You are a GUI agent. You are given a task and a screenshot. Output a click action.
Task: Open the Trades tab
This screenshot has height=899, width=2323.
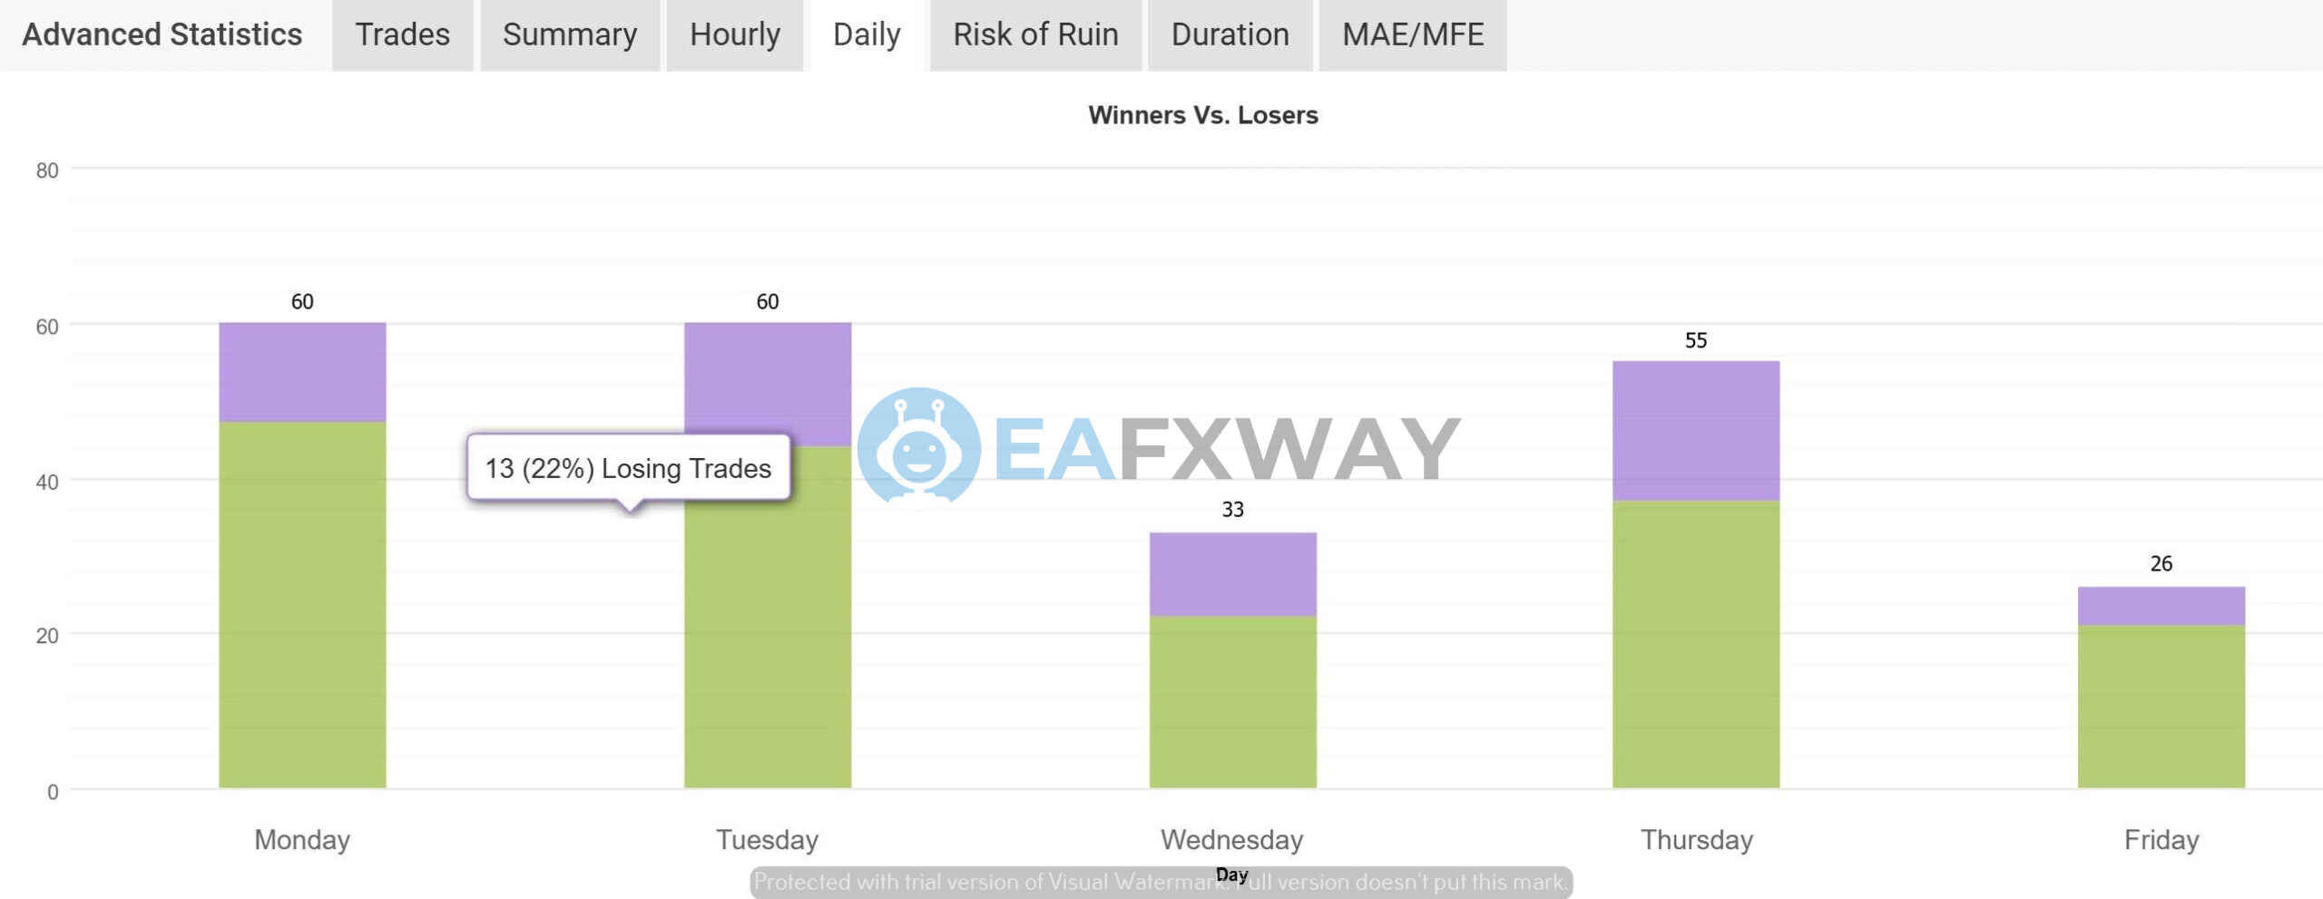pos(402,34)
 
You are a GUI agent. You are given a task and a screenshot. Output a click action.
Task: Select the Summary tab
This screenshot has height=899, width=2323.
pos(570,34)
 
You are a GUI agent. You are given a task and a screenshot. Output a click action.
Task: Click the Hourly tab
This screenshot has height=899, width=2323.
pos(735,34)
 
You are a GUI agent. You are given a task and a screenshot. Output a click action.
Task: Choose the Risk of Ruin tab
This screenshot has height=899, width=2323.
pos(1035,34)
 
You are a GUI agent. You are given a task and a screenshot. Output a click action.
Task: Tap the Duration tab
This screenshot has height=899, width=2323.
pos(1230,34)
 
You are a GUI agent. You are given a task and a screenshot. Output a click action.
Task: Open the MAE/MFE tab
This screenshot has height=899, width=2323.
pos(1413,34)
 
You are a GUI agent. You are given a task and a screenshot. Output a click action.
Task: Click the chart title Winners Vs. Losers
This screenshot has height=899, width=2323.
pos(1203,115)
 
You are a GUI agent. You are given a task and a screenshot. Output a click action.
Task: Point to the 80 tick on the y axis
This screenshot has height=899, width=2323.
pos(47,171)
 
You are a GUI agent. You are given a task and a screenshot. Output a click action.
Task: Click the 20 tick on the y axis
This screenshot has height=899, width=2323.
pos(47,636)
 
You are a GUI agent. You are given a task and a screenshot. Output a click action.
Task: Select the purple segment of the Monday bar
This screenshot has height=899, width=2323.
pos(302,372)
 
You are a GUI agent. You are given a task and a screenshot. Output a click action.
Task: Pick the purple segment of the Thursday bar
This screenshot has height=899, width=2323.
pos(1696,431)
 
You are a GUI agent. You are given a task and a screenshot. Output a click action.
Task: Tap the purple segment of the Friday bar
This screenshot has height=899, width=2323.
pos(2161,606)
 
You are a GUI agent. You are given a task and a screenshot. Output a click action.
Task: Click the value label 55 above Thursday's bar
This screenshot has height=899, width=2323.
pos(1696,340)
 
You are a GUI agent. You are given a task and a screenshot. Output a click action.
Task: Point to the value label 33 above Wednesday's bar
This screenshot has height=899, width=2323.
pos(1232,510)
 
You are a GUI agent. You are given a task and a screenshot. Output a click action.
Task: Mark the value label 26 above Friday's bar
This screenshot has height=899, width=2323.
pos(2161,563)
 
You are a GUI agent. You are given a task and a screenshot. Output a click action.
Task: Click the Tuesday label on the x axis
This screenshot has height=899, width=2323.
pos(767,840)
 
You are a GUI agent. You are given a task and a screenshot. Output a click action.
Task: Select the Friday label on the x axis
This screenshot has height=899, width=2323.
pos(2161,840)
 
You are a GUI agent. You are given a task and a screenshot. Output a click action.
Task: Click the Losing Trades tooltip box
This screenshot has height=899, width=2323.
pos(628,468)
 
